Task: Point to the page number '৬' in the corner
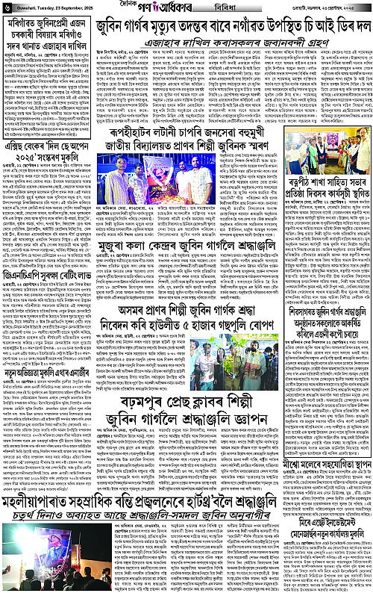pos(5,7)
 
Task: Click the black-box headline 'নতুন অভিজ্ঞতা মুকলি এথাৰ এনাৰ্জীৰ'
pos(45,391)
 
